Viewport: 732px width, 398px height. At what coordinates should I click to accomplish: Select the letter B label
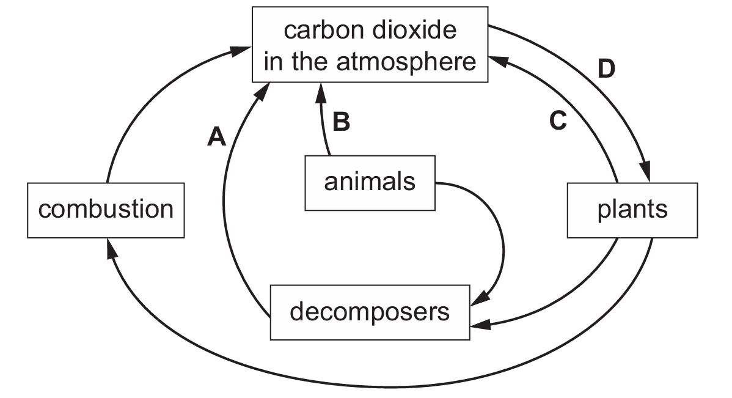(340, 122)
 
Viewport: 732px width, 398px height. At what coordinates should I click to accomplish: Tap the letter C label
(558, 122)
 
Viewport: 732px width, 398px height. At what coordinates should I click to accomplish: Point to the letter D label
(606, 70)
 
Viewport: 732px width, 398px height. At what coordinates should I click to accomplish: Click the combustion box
(106, 210)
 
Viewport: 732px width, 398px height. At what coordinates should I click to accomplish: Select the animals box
(370, 182)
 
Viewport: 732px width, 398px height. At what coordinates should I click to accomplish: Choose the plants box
(632, 210)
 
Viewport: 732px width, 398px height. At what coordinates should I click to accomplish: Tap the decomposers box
(370, 312)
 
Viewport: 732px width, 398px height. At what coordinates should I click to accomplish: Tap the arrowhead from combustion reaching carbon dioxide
(242, 53)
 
